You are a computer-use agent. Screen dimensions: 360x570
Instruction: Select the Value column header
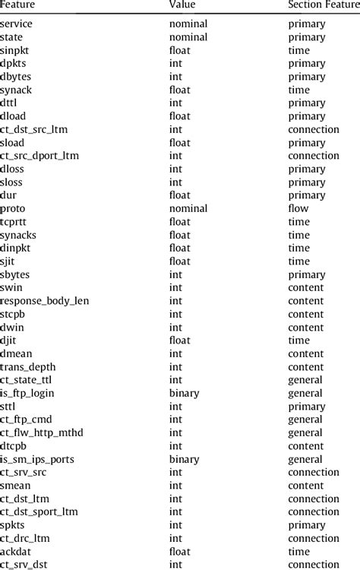click(182, 5)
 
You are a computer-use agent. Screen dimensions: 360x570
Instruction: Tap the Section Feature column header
click(323, 5)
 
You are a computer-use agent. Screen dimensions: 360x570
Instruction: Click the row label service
click(17, 24)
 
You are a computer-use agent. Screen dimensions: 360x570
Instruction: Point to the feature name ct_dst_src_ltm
click(35, 129)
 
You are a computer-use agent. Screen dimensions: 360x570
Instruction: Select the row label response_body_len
click(45, 301)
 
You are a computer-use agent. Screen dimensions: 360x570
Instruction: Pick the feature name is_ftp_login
click(27, 393)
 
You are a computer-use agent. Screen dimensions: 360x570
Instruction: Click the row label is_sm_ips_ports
click(36, 459)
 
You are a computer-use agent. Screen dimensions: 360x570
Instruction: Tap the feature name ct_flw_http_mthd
click(42, 432)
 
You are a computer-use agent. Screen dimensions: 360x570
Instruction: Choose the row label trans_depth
click(29, 367)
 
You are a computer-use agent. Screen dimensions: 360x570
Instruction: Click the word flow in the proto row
click(298, 208)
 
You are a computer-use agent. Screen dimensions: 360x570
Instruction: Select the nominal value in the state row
click(188, 36)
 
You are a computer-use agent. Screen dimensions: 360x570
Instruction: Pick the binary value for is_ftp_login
click(184, 393)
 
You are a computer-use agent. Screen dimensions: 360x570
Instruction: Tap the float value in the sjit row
click(179, 261)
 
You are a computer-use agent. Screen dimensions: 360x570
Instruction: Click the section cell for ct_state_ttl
click(305, 380)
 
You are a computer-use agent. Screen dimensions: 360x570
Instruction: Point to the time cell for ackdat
click(298, 552)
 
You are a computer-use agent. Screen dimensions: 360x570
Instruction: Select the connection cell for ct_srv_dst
click(314, 565)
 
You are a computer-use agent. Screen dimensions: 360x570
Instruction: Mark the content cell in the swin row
click(305, 287)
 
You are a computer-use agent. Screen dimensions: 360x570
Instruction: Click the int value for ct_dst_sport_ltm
click(175, 511)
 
